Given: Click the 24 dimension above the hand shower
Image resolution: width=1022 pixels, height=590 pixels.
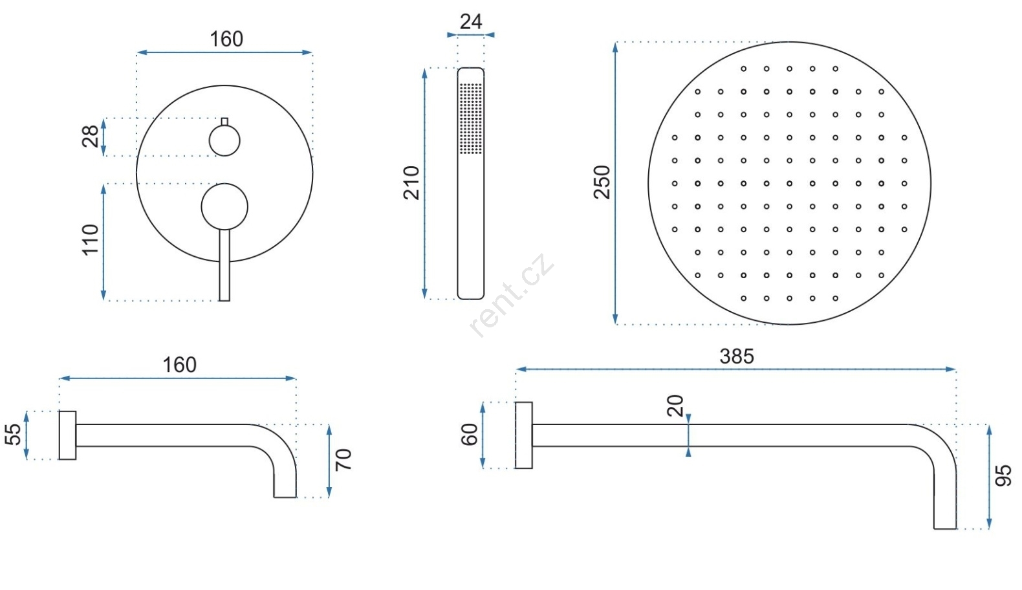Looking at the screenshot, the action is pos(471,21).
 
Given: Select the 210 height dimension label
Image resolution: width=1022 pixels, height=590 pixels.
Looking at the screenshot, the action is pos(411,183).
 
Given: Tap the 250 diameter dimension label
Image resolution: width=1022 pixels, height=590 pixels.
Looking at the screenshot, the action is pos(602,182).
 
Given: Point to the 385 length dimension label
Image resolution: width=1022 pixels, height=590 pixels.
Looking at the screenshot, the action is pos(737,356).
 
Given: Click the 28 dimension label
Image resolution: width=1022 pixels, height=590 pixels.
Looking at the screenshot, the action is pos(91,136).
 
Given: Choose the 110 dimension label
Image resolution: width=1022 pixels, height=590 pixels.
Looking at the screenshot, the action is pos(91,240).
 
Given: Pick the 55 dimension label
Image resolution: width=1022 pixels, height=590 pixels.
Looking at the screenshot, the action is pos(13,434).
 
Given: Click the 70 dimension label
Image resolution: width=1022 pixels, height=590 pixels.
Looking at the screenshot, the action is pos(343,459).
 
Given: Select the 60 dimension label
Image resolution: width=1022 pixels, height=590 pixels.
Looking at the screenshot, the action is pos(469,434).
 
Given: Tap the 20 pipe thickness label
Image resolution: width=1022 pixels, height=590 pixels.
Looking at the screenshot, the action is pos(675,406).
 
